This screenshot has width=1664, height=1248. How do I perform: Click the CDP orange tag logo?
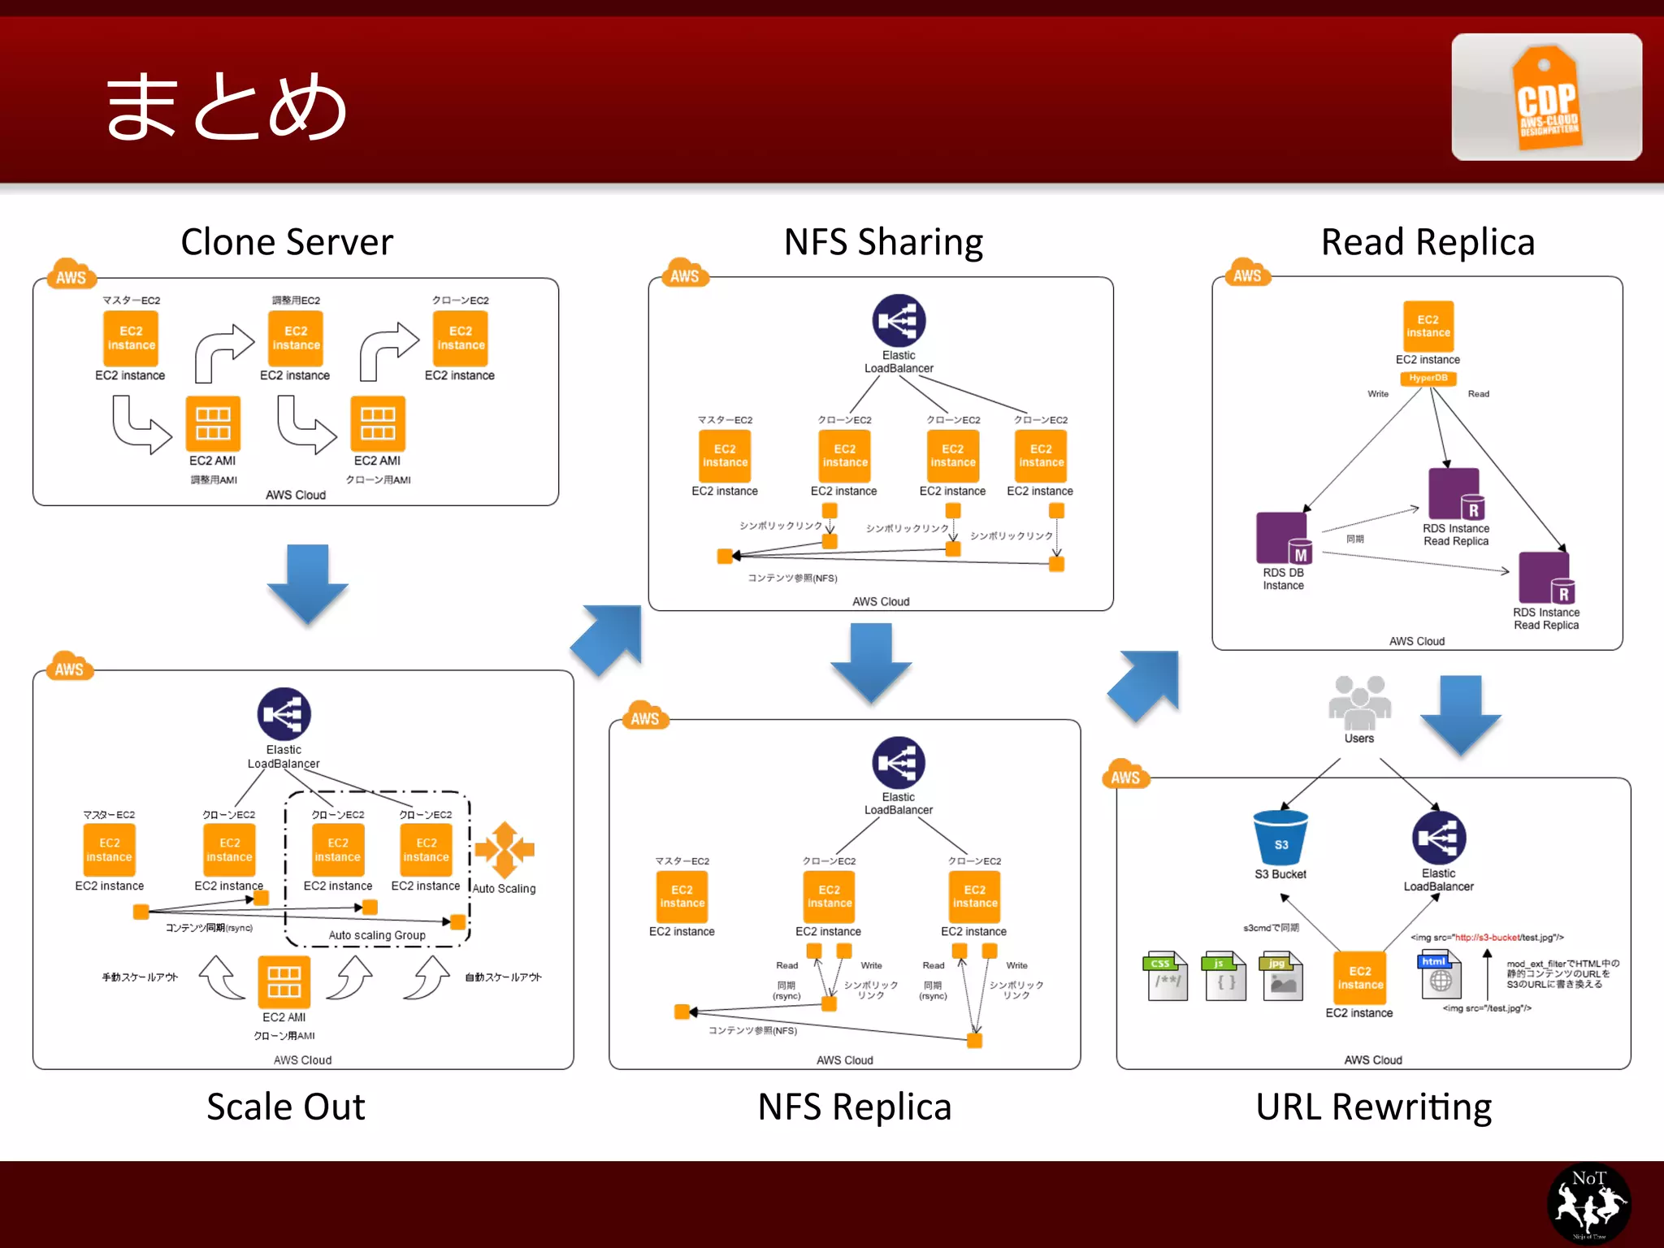[1546, 97]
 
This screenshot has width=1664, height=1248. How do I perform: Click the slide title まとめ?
[227, 106]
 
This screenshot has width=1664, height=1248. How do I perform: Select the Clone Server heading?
[287, 242]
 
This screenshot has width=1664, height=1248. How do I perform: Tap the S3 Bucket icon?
[1280, 838]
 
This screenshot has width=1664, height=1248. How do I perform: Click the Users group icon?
[1359, 703]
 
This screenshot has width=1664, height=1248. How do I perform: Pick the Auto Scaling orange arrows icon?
[505, 849]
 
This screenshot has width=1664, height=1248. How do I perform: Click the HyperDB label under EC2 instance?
[1428, 378]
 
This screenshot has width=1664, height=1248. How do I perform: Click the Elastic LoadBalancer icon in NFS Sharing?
[899, 320]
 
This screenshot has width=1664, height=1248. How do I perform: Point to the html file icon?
[1440, 976]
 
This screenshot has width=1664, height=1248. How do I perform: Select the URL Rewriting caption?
[1373, 1107]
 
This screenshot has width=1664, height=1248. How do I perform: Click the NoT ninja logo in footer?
[1588, 1203]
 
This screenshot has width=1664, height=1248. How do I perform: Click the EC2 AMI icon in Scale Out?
[284, 981]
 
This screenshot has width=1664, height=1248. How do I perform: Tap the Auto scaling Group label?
[377, 935]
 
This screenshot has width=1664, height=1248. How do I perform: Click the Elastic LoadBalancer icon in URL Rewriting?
[1438, 838]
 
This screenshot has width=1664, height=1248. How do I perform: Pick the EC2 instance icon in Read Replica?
[1428, 327]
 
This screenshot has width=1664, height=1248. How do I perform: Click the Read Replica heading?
[1428, 242]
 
